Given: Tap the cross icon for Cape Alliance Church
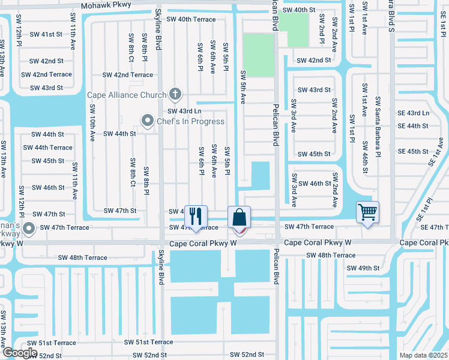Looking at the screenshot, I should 175,94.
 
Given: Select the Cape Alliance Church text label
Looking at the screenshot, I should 127,95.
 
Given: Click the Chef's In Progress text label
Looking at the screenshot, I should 190,121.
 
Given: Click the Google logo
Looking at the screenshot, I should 19,353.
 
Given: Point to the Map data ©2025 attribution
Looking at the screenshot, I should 423,355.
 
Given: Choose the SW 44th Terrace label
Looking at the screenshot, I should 47,148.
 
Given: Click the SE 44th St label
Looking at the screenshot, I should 413,126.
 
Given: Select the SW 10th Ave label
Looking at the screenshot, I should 93,123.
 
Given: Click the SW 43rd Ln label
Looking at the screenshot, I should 184,111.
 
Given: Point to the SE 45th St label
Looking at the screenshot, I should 413,152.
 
